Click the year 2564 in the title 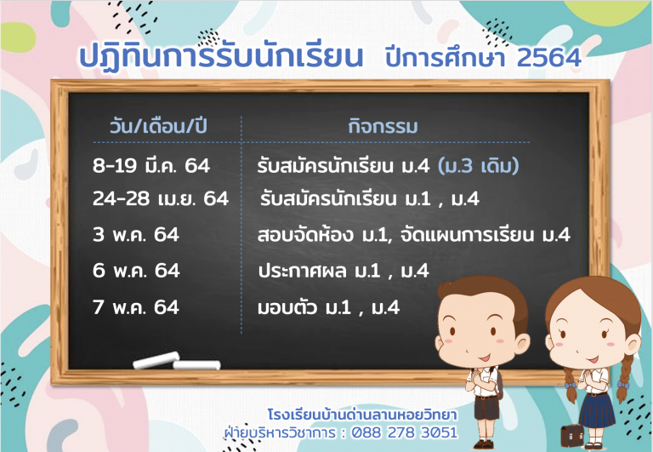pos(549,57)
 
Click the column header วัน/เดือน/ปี pos(158,126)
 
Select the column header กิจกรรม pos(383,126)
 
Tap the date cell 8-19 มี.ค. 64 pos(151,165)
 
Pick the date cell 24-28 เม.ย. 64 pos(161,198)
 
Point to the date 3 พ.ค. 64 pos(136,234)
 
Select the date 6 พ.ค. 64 pos(136,271)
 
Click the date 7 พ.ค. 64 pos(136,307)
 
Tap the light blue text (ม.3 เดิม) pos(479,166)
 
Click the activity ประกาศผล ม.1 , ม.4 pos(344,271)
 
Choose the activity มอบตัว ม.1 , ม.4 pos(328,308)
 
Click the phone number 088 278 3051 pos(405,432)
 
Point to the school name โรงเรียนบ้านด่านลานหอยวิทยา pos(362,415)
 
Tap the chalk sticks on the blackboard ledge pos(177,361)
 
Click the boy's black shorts pos(486,408)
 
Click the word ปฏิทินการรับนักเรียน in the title pos(221,56)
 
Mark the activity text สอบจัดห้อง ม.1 pos(322,235)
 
